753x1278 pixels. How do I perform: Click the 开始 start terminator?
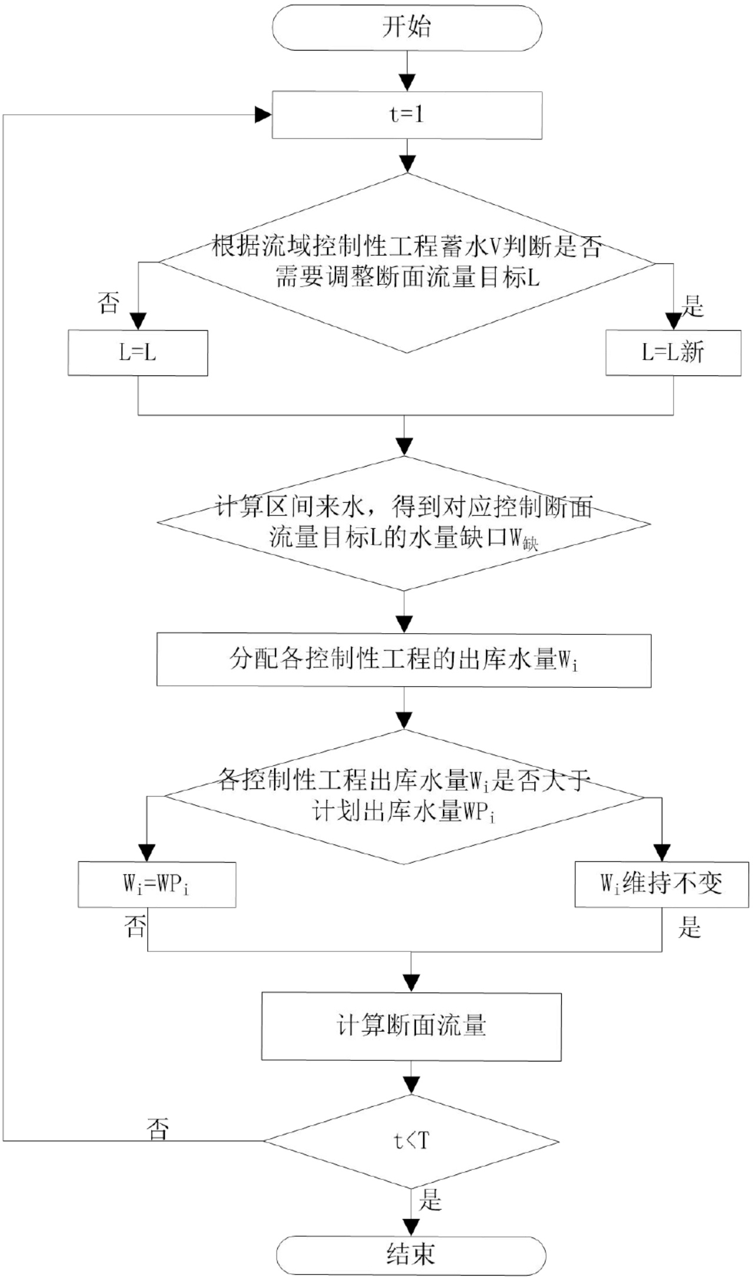click(x=407, y=28)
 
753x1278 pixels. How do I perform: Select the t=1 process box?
click(x=407, y=114)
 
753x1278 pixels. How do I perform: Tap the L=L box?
click(x=138, y=352)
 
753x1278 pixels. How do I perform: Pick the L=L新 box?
click(x=673, y=352)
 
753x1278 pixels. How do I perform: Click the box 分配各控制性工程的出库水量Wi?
click(x=404, y=660)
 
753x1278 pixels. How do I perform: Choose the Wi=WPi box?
click(x=156, y=884)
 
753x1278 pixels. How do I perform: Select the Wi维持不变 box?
click(x=661, y=884)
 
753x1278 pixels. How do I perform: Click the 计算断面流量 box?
click(x=411, y=1026)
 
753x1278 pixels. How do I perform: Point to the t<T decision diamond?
click(x=411, y=1141)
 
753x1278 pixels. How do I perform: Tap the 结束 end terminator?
click(x=411, y=1254)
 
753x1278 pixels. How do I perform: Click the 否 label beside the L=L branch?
click(x=108, y=303)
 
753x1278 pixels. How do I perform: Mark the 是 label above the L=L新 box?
click(x=692, y=306)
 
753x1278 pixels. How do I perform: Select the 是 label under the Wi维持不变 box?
click(x=689, y=927)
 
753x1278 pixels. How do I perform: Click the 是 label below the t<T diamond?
click(x=430, y=1199)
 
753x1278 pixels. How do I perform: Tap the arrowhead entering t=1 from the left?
click(x=263, y=115)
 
